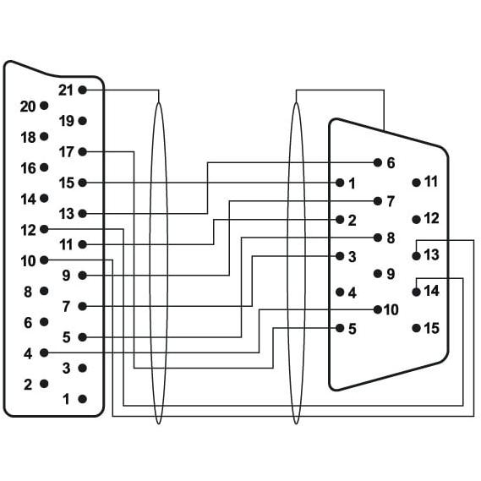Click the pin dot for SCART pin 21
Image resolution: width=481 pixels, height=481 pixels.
tap(82, 90)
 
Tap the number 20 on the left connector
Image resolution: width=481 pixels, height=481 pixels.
tap(28, 107)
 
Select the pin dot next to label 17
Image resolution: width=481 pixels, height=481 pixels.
tap(82, 151)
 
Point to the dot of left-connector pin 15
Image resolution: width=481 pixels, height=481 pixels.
tap(82, 183)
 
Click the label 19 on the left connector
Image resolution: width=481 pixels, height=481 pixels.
tap(67, 121)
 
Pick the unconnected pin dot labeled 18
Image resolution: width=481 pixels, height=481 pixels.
tap(44, 136)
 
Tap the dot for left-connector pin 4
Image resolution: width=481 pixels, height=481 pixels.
tap(44, 353)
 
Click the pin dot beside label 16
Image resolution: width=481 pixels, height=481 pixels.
tap(44, 167)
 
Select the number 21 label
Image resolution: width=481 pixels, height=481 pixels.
tap(66, 90)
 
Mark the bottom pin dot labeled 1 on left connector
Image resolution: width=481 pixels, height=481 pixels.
tap(82, 399)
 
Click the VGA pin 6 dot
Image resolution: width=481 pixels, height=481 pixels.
tap(378, 162)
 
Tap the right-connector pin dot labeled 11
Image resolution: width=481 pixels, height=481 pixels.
tap(416, 183)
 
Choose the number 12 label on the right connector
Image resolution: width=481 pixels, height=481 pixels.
tap(432, 218)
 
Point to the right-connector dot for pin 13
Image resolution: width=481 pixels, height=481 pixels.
tap(416, 256)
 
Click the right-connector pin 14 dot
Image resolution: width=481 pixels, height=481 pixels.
tap(416, 292)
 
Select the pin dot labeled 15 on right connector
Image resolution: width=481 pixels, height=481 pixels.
tap(416, 328)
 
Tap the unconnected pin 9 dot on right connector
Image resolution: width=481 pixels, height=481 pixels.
tap(378, 274)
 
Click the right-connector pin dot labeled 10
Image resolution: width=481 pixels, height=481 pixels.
tap(378, 309)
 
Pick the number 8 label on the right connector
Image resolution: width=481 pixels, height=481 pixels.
tap(391, 238)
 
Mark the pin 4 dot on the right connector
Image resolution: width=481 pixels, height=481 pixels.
tap(340, 292)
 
